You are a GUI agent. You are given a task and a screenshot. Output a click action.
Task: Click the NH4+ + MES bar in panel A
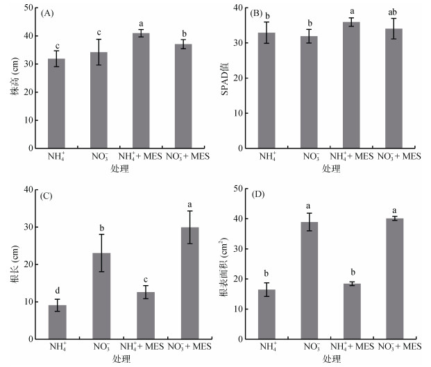tap(141, 91)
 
